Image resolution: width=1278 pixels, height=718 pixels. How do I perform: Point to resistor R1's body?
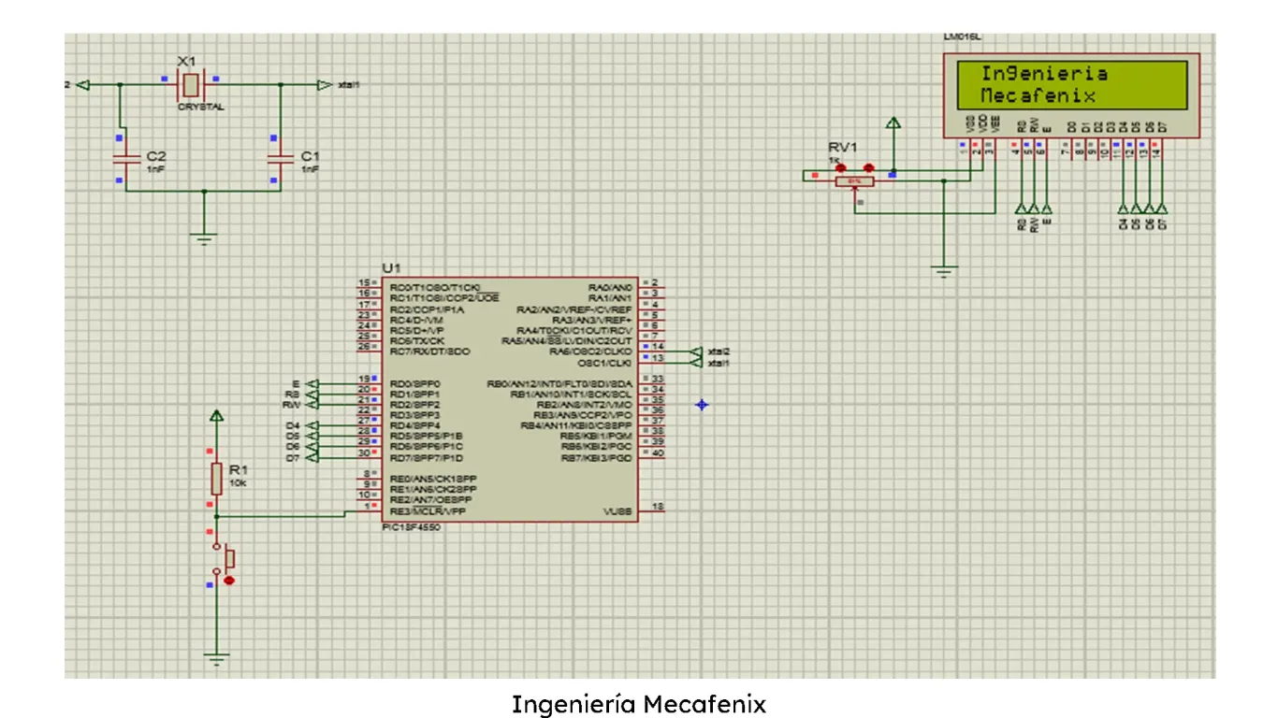point(216,479)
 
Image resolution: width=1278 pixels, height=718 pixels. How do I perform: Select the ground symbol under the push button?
point(216,658)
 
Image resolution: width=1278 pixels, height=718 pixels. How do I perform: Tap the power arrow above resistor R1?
point(216,417)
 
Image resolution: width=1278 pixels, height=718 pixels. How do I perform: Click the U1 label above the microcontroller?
point(391,268)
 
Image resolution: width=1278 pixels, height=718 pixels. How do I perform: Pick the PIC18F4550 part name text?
point(412,527)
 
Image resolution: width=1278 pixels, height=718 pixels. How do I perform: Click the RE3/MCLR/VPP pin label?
point(428,511)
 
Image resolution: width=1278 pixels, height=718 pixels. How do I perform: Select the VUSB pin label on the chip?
point(618,511)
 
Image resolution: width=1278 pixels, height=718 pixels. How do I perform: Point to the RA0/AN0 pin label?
point(610,286)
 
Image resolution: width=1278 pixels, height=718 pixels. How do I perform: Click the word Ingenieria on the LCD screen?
point(1043,74)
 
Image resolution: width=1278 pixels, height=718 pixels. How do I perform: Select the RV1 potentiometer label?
point(842,149)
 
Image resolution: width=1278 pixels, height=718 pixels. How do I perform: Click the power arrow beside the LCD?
point(893,124)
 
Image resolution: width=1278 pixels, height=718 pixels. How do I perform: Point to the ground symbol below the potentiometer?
point(945,272)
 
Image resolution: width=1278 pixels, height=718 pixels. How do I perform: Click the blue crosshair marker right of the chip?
point(702,404)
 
